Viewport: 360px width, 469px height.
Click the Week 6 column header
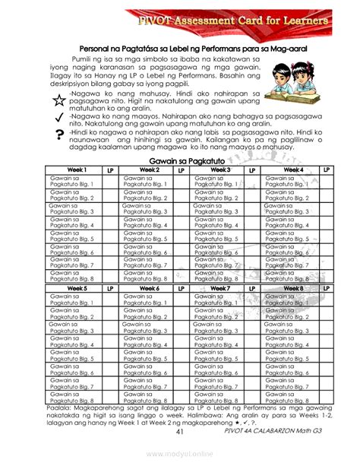149,289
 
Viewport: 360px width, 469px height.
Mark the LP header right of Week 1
109,169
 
